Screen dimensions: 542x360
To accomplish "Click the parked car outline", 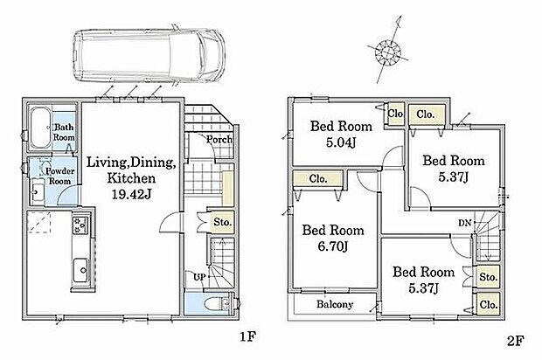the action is [149, 55].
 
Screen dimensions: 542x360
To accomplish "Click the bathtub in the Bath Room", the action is [41, 128].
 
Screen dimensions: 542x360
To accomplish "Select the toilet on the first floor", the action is [217, 304].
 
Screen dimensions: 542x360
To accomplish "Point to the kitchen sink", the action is [82, 270].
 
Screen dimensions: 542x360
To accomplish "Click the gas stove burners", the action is [81, 224].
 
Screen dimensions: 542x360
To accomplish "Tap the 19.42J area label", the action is [131, 195].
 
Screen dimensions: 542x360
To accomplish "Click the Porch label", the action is [219, 140].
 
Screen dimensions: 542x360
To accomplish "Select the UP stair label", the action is [199, 277].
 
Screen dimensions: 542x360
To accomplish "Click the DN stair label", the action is [465, 223].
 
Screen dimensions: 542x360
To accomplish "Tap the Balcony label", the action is [335, 304].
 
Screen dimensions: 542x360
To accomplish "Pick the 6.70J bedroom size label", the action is [333, 246].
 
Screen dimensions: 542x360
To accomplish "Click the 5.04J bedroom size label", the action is [341, 142].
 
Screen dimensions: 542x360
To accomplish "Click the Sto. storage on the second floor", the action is [489, 277].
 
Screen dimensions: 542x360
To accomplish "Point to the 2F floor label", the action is [516, 341].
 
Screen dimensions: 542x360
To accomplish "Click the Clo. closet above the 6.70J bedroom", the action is [318, 179].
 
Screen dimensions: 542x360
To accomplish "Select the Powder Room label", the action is [60, 177].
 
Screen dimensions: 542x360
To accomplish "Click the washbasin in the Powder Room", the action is [37, 190].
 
